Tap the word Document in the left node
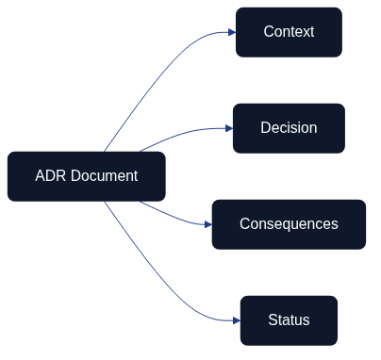pyautogui.click(x=104, y=176)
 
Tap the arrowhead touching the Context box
pyautogui.click(x=230, y=32)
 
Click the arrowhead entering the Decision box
pyautogui.click(x=227, y=128)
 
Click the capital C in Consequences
pyautogui.click(x=245, y=224)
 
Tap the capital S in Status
pyautogui.click(x=273, y=320)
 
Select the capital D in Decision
pyautogui.click(x=266, y=128)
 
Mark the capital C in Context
pyautogui.click(x=269, y=32)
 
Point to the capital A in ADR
pyautogui.click(x=41, y=176)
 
